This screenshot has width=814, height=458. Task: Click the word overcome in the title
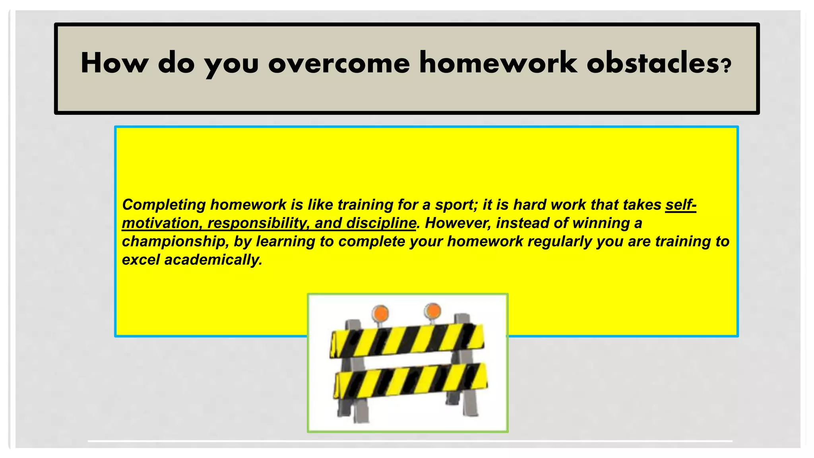coord(339,64)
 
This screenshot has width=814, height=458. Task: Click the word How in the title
coord(114,64)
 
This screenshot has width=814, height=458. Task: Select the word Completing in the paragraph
coord(164,205)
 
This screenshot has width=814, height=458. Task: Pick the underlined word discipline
coord(381,223)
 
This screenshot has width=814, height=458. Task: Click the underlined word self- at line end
coord(680,205)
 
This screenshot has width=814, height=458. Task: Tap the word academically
coord(213,260)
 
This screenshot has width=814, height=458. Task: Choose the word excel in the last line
coord(141,260)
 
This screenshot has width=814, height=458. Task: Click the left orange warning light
coord(381,313)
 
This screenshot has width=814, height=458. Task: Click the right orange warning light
coord(432,311)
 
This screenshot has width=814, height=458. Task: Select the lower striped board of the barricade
coord(410,381)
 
